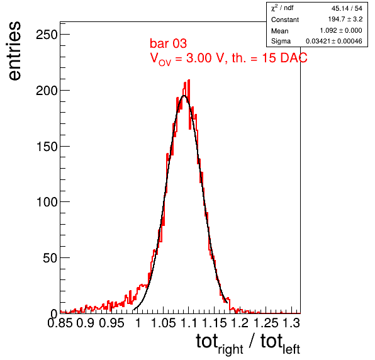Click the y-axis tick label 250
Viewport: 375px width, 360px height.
point(47,35)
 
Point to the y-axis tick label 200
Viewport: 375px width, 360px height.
point(47,91)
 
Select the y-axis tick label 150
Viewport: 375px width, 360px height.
point(47,147)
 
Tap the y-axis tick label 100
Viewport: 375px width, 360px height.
point(47,202)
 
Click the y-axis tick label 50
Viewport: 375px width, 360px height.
point(50,258)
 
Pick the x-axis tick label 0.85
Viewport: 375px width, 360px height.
point(60,323)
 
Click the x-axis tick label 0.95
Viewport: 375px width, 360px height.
point(111,323)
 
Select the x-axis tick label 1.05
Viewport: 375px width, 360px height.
point(164,323)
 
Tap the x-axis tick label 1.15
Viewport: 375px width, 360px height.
point(214,323)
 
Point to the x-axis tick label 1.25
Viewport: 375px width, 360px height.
point(266,323)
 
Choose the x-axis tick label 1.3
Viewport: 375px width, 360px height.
point(291,323)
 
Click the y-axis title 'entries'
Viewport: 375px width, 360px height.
point(15,51)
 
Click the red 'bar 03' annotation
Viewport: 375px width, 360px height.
point(168,43)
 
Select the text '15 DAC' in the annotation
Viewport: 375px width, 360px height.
point(284,58)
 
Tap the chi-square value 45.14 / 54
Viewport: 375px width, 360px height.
point(347,8)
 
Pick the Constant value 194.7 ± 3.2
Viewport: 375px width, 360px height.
point(345,19)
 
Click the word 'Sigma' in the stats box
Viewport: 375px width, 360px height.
point(281,42)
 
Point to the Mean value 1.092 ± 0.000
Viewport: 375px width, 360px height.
point(341,30)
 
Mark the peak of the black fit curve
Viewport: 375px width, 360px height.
point(184,96)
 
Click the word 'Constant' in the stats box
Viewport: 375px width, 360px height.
point(285,20)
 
